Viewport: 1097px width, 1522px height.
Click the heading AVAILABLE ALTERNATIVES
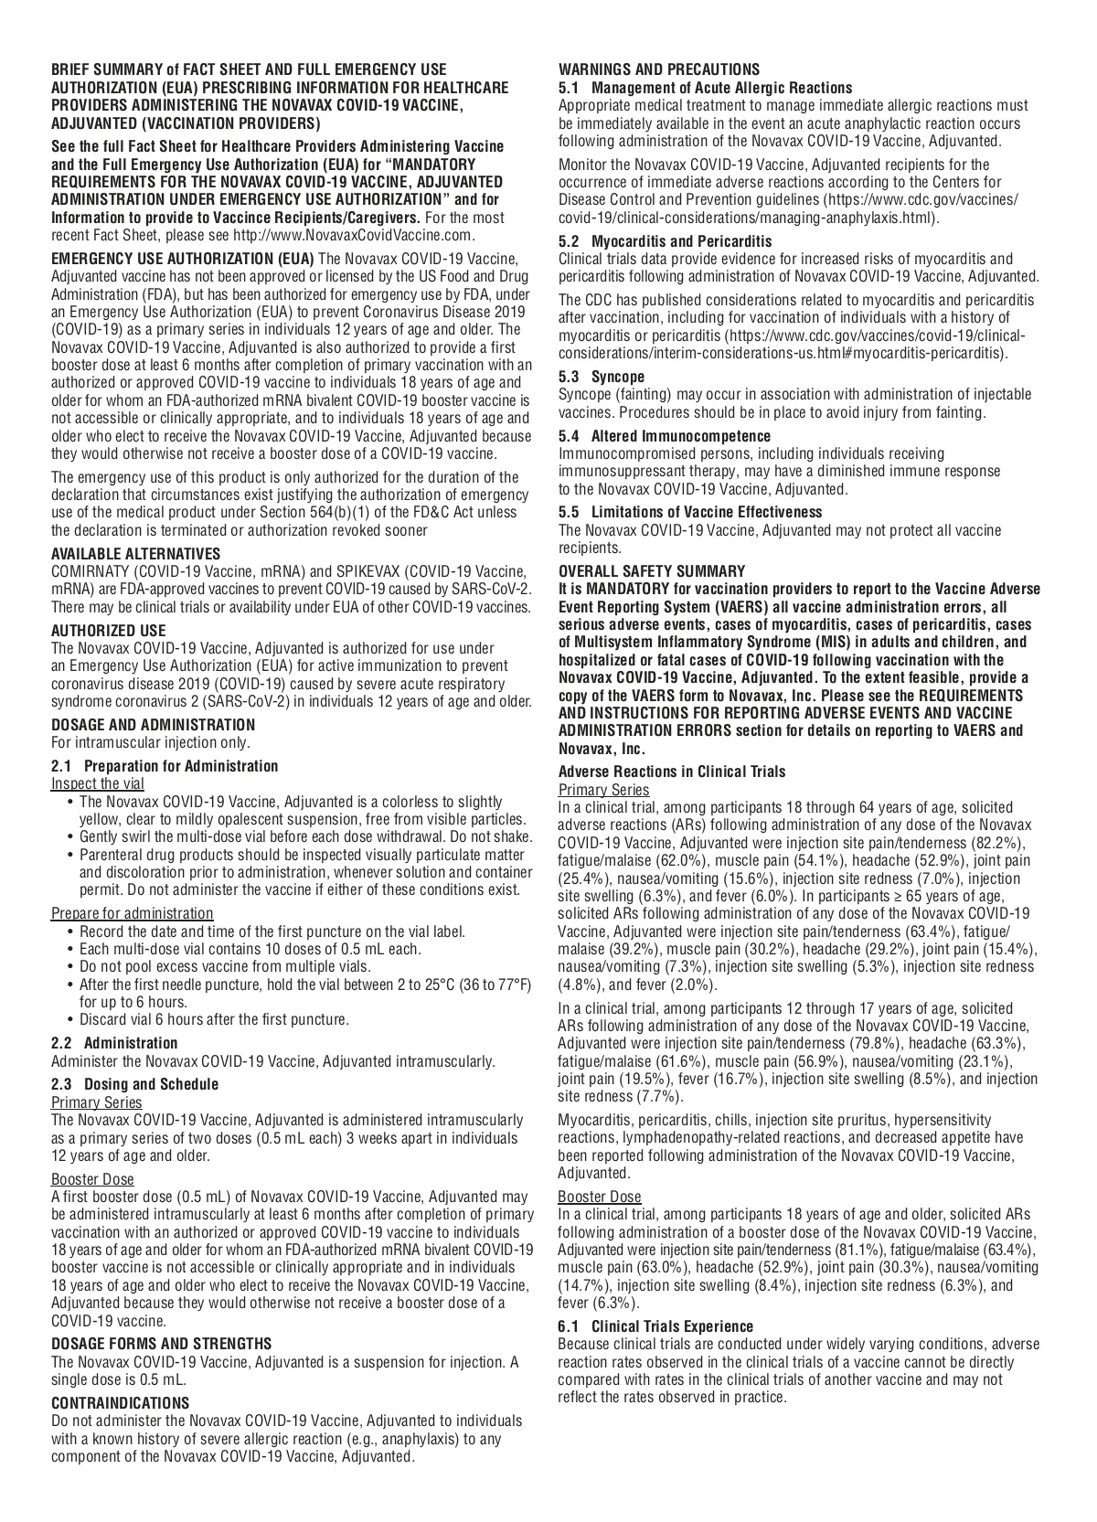click(x=135, y=553)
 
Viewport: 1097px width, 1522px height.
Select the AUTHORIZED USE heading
click(x=108, y=630)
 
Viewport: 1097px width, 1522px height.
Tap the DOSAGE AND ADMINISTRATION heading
click(x=153, y=725)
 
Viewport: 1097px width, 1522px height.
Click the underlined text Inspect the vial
click(x=97, y=783)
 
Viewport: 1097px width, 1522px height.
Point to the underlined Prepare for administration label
click(x=132, y=913)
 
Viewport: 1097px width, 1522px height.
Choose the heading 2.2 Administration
click(x=114, y=1043)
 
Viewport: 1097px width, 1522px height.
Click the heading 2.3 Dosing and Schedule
click(x=134, y=1084)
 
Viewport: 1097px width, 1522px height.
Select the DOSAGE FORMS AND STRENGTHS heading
click(x=161, y=1343)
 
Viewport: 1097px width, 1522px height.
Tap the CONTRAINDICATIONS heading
click(x=120, y=1402)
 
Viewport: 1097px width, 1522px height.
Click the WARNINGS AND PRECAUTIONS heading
click(x=658, y=69)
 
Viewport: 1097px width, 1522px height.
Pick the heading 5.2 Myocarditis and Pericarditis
click(x=665, y=241)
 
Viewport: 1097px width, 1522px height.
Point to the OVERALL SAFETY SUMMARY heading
click(x=651, y=571)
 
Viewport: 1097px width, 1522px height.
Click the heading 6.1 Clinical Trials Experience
click(x=655, y=1326)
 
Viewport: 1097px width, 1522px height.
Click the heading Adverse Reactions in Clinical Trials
click(x=671, y=772)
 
